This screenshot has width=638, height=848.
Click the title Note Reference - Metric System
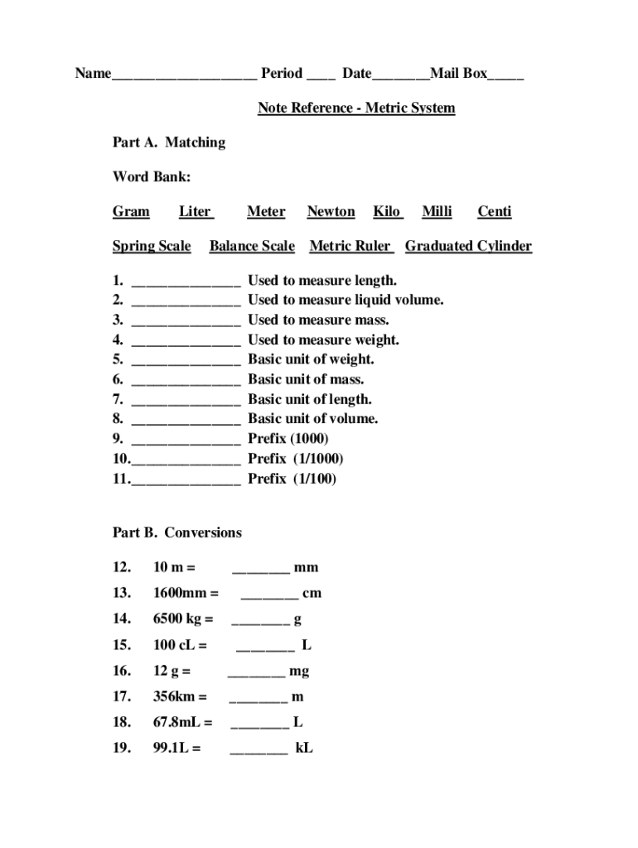356,108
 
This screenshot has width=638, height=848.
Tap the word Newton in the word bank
331,212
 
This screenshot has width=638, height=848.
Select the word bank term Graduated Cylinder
468,246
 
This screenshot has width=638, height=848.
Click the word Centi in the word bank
494,212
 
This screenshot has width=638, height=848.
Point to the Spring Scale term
152,246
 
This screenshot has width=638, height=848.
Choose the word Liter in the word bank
196,212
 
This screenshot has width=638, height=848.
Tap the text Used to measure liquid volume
346,300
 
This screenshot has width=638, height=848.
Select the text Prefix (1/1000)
295,459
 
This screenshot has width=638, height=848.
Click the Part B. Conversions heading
177,532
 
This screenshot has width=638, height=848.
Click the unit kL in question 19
304,749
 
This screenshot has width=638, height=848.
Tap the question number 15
122,645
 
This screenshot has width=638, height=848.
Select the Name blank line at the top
184,75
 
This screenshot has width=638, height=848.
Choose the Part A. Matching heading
169,142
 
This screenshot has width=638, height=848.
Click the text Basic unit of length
309,399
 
